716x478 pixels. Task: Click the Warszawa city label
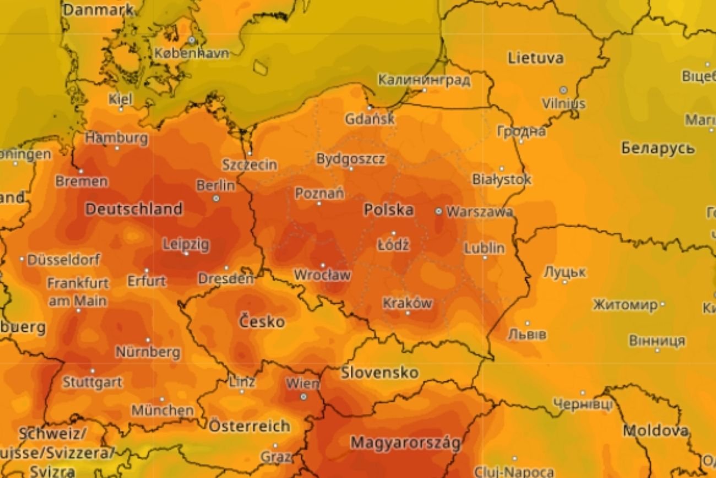tap(480, 212)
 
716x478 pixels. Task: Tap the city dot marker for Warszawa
tap(438, 211)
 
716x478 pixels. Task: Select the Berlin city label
tap(215, 185)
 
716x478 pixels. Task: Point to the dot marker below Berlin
tap(216, 198)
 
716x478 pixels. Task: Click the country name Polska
tap(389, 210)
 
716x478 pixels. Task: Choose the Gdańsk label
tap(370, 119)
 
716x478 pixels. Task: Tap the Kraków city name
tap(408, 303)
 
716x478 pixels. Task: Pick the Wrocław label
tap(322, 275)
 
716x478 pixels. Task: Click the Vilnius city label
tap(563, 104)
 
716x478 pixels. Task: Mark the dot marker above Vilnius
tap(563, 90)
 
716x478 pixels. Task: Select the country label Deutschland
tap(134, 209)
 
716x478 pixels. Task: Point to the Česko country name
tap(262, 321)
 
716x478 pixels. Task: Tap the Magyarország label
tap(405, 443)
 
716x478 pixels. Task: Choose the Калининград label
tap(424, 80)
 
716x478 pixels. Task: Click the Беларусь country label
tap(658, 148)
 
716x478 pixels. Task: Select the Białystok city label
tap(502, 179)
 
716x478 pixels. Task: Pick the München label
tap(162, 410)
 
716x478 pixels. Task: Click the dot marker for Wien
tap(303, 396)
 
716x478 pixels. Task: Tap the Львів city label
tap(527, 334)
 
